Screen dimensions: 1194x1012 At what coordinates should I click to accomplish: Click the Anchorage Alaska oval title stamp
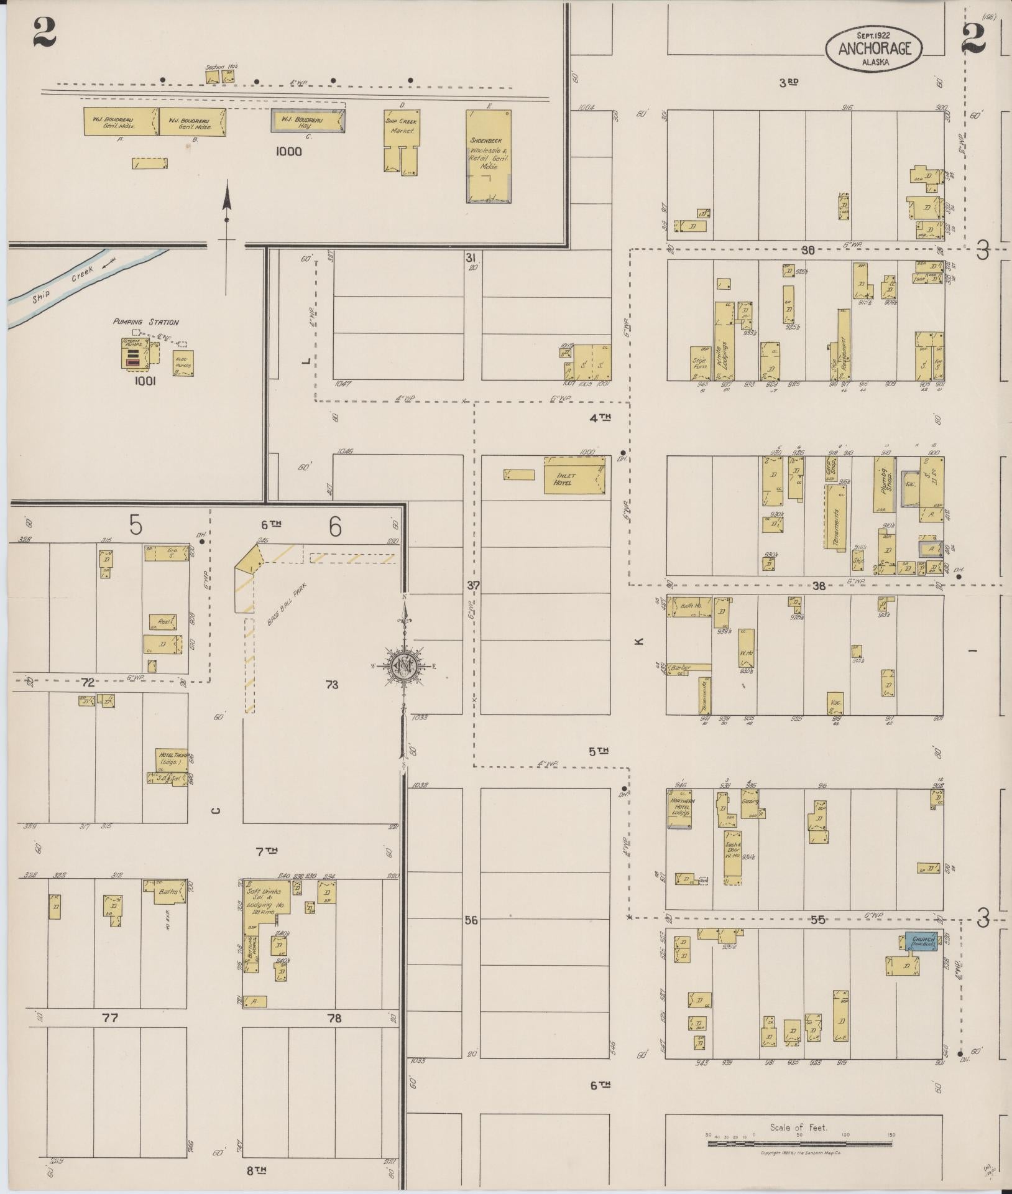[x=873, y=47]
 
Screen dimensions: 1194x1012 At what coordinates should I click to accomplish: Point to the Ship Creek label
[x=63, y=282]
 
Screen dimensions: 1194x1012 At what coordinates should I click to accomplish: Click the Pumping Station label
[x=145, y=322]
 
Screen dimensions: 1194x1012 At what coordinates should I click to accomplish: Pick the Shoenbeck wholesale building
[x=489, y=157]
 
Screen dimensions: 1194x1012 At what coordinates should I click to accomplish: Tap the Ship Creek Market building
[x=402, y=134]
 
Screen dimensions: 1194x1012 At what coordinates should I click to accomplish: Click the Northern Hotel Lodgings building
[x=681, y=809]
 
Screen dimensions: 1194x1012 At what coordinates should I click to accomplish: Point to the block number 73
[x=331, y=685]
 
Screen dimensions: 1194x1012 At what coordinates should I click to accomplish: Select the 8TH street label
[x=256, y=1169]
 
